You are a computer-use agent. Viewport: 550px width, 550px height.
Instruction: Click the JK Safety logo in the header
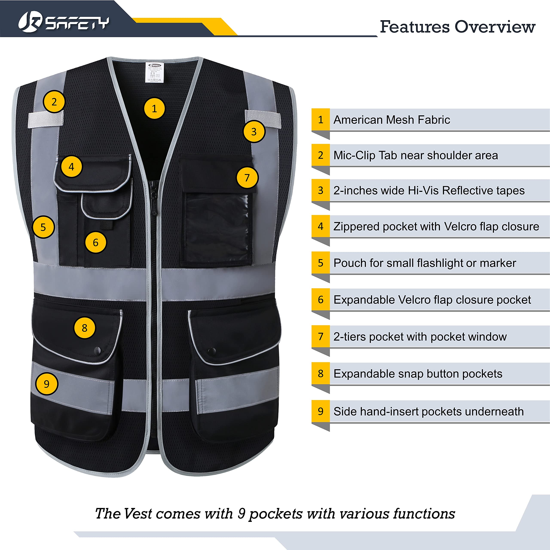pos(63,22)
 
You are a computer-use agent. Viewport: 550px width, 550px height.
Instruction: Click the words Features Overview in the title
pos(457,27)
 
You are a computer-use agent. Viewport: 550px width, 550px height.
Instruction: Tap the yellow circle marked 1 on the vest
pos(154,108)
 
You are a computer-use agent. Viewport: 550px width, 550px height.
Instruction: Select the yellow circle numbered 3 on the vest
pos(254,131)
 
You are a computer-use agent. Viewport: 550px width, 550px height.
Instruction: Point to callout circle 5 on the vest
pos(43,227)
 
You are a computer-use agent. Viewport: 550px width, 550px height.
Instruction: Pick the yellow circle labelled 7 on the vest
pos(247,178)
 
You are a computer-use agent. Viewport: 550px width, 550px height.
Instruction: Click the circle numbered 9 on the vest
pos(46,384)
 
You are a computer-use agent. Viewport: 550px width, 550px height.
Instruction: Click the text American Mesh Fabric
pos(391,120)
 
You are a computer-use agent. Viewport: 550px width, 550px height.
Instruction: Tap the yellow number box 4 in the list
pos(321,226)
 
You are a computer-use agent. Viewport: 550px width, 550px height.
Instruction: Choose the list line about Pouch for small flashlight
pos(425,263)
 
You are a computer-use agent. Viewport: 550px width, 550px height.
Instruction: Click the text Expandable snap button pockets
pos(418,374)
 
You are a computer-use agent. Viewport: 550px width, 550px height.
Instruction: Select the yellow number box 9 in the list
pos(321,411)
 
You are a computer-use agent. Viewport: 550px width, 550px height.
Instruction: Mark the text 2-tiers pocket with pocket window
pos(420,337)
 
